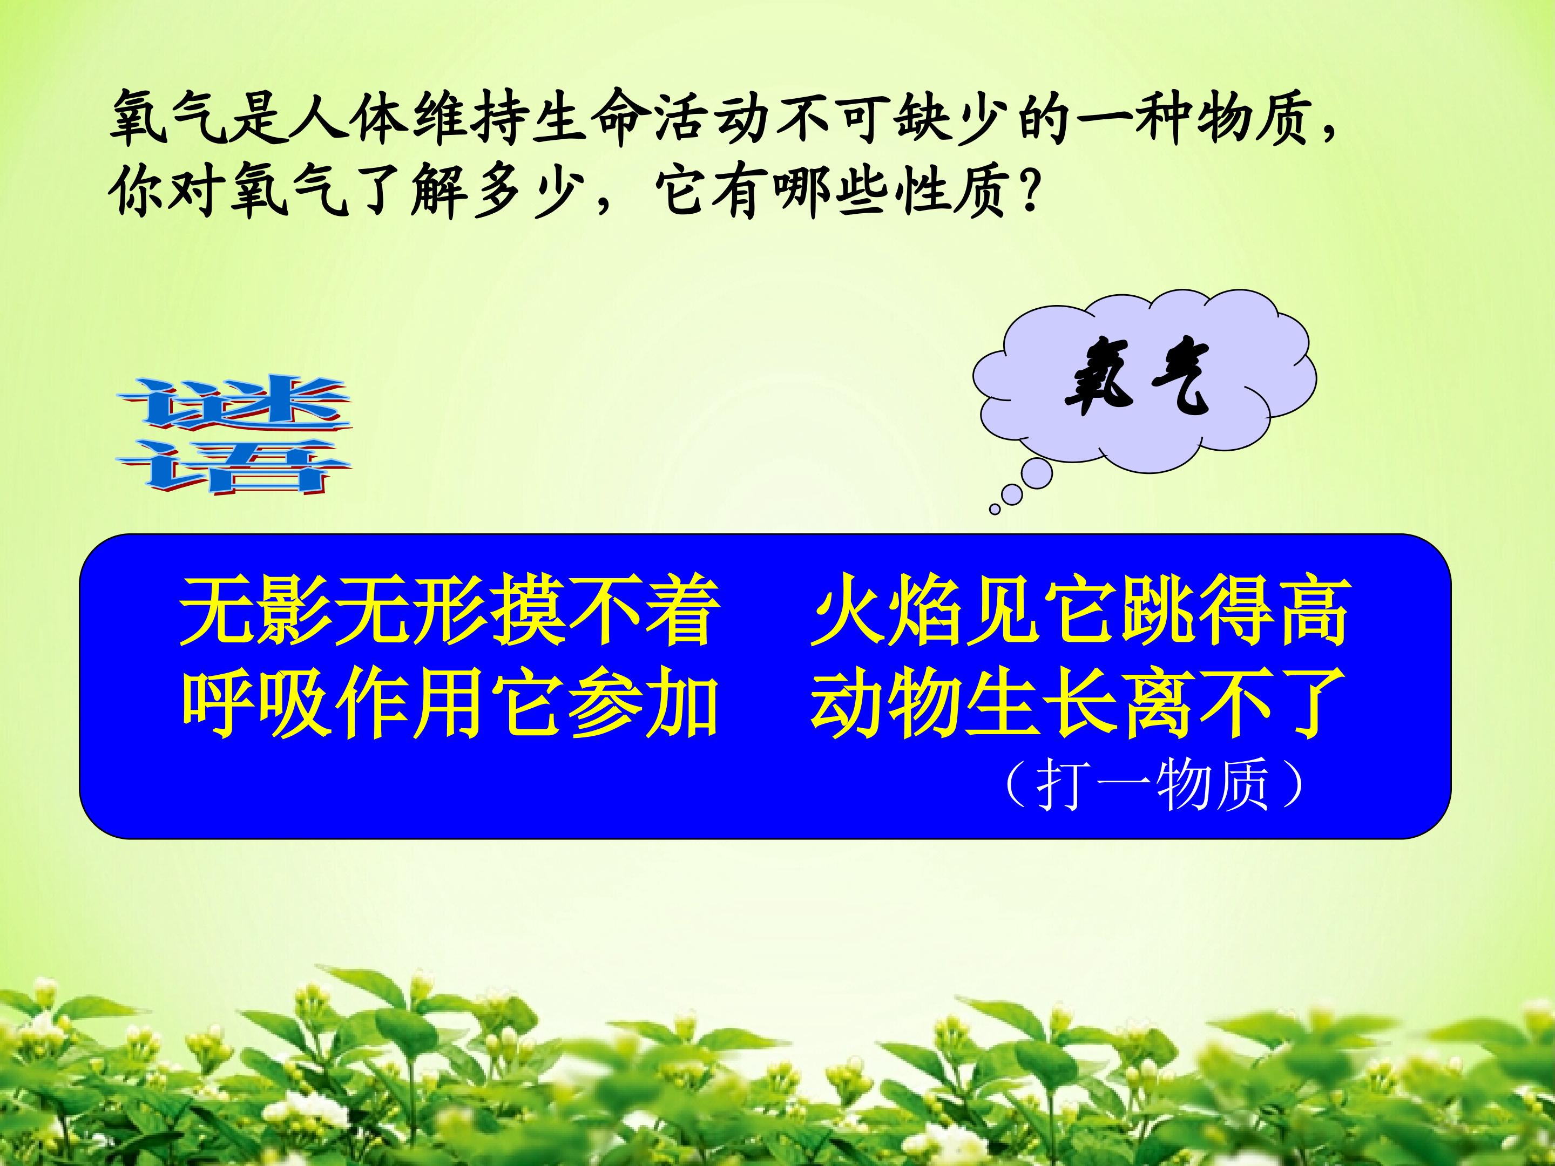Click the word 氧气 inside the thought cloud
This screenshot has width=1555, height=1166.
1137,379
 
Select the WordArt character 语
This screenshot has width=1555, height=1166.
234,467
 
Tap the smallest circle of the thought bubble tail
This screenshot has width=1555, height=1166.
995,509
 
